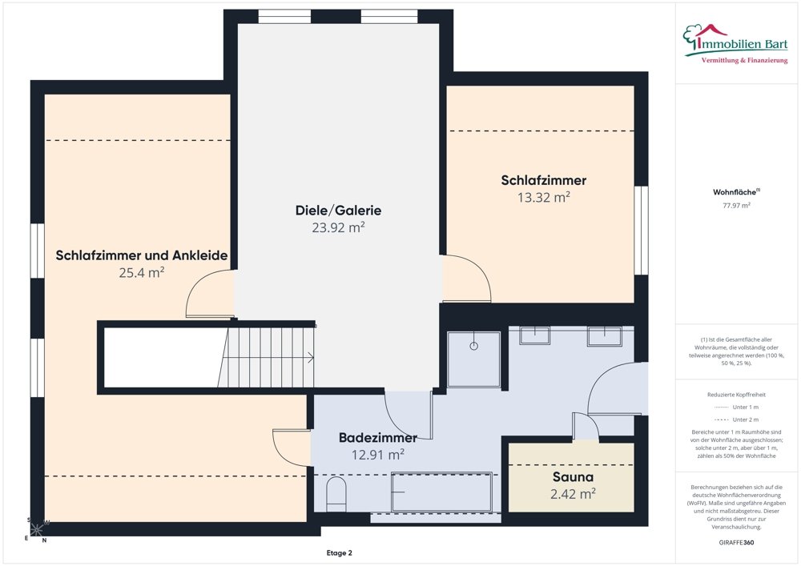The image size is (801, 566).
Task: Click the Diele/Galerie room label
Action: click(338, 211)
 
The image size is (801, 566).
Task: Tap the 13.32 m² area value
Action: click(544, 197)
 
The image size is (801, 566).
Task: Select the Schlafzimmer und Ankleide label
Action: click(142, 255)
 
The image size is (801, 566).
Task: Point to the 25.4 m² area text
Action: click(142, 272)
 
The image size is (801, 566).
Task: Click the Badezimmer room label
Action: click(378, 437)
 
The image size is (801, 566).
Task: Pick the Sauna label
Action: click(574, 477)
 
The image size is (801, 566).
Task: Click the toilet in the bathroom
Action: click(336, 494)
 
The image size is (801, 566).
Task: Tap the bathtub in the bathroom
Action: click(441, 492)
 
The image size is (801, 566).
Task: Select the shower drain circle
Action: click(473, 346)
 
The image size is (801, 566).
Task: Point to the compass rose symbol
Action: click(36, 530)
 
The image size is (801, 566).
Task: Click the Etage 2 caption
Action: click(339, 552)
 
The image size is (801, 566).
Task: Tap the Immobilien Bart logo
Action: click(735, 44)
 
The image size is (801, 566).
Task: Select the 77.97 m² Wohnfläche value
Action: click(736, 206)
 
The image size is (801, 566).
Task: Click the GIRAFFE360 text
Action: click(736, 543)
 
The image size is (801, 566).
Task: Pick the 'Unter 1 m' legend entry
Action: click(736, 407)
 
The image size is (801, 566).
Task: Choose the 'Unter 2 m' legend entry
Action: click(736, 419)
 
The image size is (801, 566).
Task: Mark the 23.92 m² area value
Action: click(338, 227)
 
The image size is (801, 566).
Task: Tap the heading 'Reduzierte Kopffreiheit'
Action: click(736, 395)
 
